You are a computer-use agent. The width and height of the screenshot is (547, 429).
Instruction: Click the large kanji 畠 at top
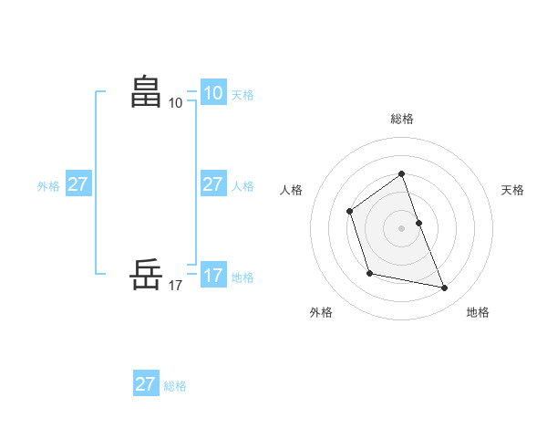coord(146,91)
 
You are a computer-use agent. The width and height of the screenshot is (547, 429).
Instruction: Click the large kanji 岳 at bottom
coord(146,274)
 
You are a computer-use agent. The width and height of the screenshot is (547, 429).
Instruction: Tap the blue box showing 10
coord(212,93)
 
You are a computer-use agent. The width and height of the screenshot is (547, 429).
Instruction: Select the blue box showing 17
coord(212,276)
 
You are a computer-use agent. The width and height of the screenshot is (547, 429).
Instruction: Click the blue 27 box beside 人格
coord(212,184)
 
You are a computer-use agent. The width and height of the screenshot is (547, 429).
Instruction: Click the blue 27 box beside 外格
coord(77,184)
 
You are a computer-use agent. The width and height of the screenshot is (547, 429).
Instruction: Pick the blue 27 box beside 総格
coord(145,384)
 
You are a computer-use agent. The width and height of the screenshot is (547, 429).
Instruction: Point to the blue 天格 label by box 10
coord(243,95)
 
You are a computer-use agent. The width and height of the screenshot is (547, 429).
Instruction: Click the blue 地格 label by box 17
coord(243,277)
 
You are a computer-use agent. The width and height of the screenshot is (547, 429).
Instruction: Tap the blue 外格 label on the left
coord(48,186)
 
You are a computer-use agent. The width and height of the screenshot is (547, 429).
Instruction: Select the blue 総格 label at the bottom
coord(175,386)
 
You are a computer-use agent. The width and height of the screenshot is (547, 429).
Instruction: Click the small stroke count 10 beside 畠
coord(175,103)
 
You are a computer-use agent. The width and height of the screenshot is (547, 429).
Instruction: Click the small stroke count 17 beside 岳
coord(175,286)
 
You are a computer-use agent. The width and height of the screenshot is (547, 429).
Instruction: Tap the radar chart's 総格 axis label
coord(401,119)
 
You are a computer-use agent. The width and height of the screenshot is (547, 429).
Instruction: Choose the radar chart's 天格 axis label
coord(513,190)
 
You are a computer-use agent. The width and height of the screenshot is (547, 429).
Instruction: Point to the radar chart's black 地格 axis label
coord(478,312)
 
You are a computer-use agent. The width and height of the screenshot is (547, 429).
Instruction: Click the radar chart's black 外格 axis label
coord(321,312)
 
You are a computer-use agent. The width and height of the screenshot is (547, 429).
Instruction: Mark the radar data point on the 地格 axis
coord(445,288)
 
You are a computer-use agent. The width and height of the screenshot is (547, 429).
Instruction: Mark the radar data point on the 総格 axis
coord(401,173)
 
